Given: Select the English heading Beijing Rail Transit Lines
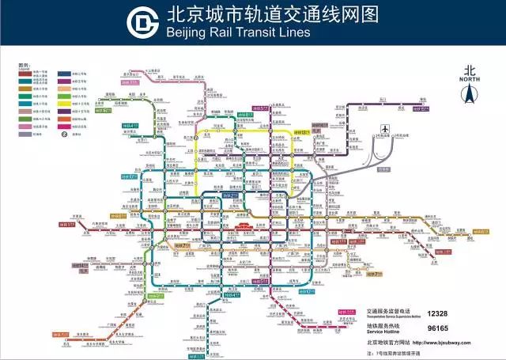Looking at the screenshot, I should pyautogui.click(x=237, y=33).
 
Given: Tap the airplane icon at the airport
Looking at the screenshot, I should pyautogui.click(x=386, y=127).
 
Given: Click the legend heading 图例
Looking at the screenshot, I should pyautogui.click(x=24, y=66).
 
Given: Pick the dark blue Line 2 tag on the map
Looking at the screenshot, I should pyautogui.click(x=228, y=195).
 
